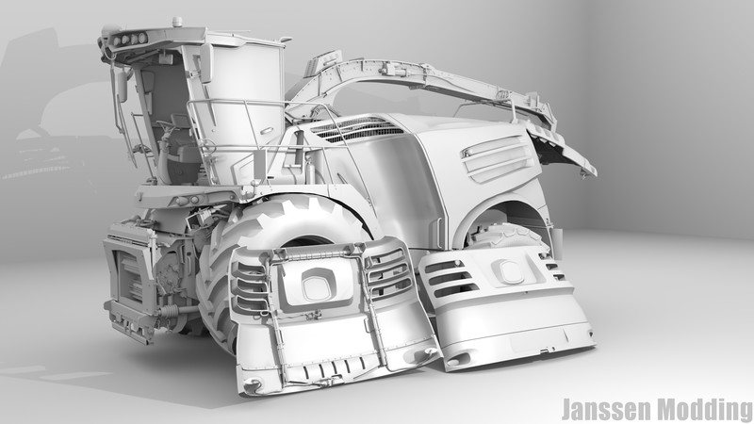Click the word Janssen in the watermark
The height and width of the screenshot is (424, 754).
click(x=606, y=410)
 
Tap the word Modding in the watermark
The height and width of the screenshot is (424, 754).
click(x=705, y=410)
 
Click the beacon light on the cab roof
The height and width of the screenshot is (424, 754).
click(x=177, y=22)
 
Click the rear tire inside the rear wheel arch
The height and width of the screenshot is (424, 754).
click(x=507, y=236)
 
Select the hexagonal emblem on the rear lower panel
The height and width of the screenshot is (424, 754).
click(x=506, y=271)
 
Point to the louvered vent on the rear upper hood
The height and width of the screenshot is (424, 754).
click(x=498, y=157)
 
